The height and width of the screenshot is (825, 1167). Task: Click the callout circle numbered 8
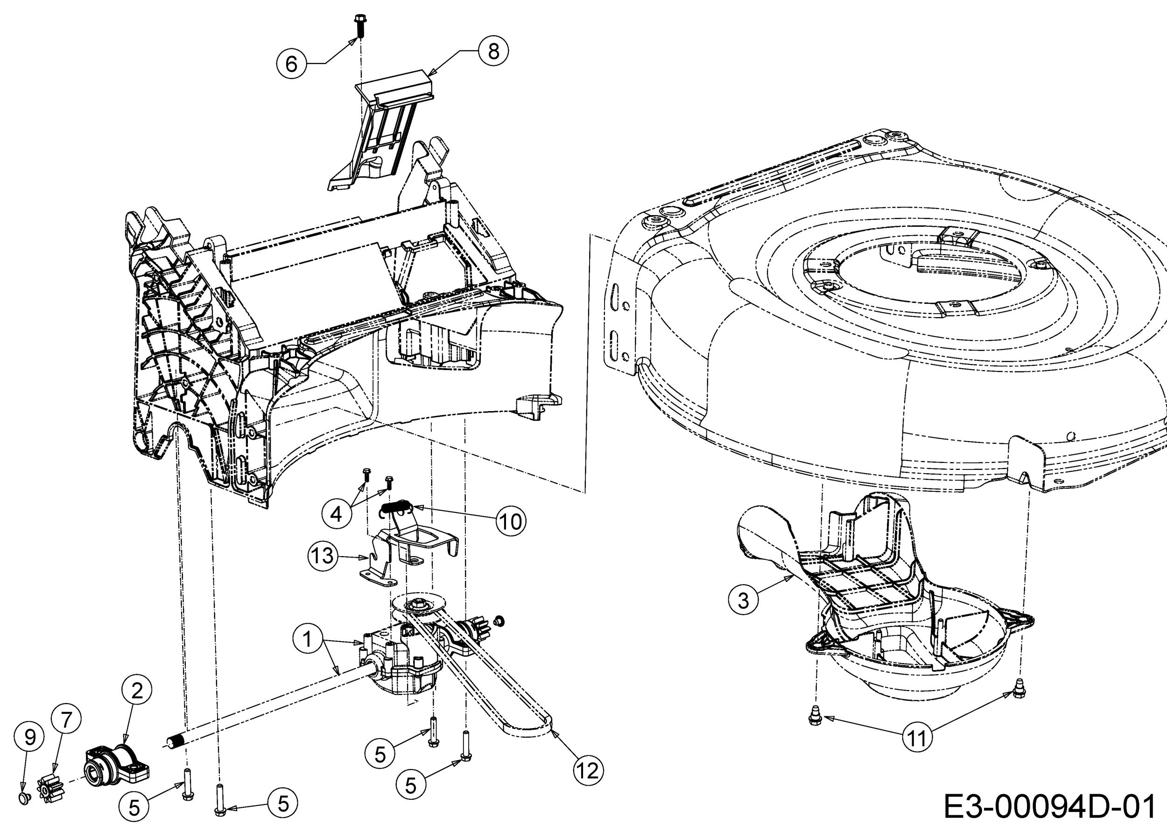(x=493, y=51)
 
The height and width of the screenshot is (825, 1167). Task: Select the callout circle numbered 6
(x=291, y=64)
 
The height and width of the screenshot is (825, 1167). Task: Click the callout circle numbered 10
(x=511, y=521)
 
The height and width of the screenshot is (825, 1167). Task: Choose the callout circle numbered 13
(x=323, y=556)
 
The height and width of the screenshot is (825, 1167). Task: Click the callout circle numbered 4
(x=337, y=514)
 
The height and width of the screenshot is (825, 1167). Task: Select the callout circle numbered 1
(x=308, y=638)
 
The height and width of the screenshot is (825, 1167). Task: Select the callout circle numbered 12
(x=588, y=771)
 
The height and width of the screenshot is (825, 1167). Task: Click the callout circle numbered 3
(x=743, y=601)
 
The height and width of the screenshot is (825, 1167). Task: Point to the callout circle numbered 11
(x=917, y=738)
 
